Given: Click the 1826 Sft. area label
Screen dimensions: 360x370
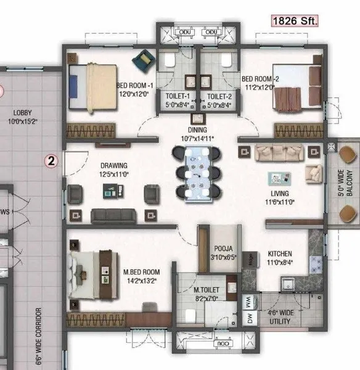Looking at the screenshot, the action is (x=295, y=21).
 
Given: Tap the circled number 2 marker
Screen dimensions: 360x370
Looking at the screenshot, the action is (x=51, y=161).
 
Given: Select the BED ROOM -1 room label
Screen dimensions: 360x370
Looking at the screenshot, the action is (x=135, y=86).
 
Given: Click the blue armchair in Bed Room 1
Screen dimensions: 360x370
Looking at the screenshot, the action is (x=144, y=59).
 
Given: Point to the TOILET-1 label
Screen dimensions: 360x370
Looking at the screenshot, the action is (x=178, y=96).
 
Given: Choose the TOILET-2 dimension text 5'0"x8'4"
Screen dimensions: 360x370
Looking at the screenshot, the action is (x=219, y=105).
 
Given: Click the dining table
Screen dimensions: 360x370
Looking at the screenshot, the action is (x=197, y=174).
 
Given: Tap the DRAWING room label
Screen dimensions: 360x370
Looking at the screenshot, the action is (x=114, y=166).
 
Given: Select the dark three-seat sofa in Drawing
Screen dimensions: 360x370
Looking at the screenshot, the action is (x=113, y=216).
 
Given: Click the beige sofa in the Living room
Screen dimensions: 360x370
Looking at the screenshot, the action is (x=279, y=153).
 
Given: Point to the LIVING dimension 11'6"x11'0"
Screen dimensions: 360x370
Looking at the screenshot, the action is (x=280, y=202).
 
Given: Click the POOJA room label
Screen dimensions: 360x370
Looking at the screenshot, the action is (x=223, y=249).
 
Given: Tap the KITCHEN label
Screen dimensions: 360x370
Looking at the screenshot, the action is (x=280, y=253).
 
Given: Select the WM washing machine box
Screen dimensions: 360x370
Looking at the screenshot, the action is (x=249, y=302).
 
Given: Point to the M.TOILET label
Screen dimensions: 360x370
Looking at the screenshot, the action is (x=207, y=290).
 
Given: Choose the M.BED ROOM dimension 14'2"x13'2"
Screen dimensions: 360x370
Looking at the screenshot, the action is (x=141, y=281).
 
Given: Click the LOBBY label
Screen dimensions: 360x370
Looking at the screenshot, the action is (x=22, y=113).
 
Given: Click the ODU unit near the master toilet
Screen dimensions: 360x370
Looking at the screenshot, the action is (x=223, y=343).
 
